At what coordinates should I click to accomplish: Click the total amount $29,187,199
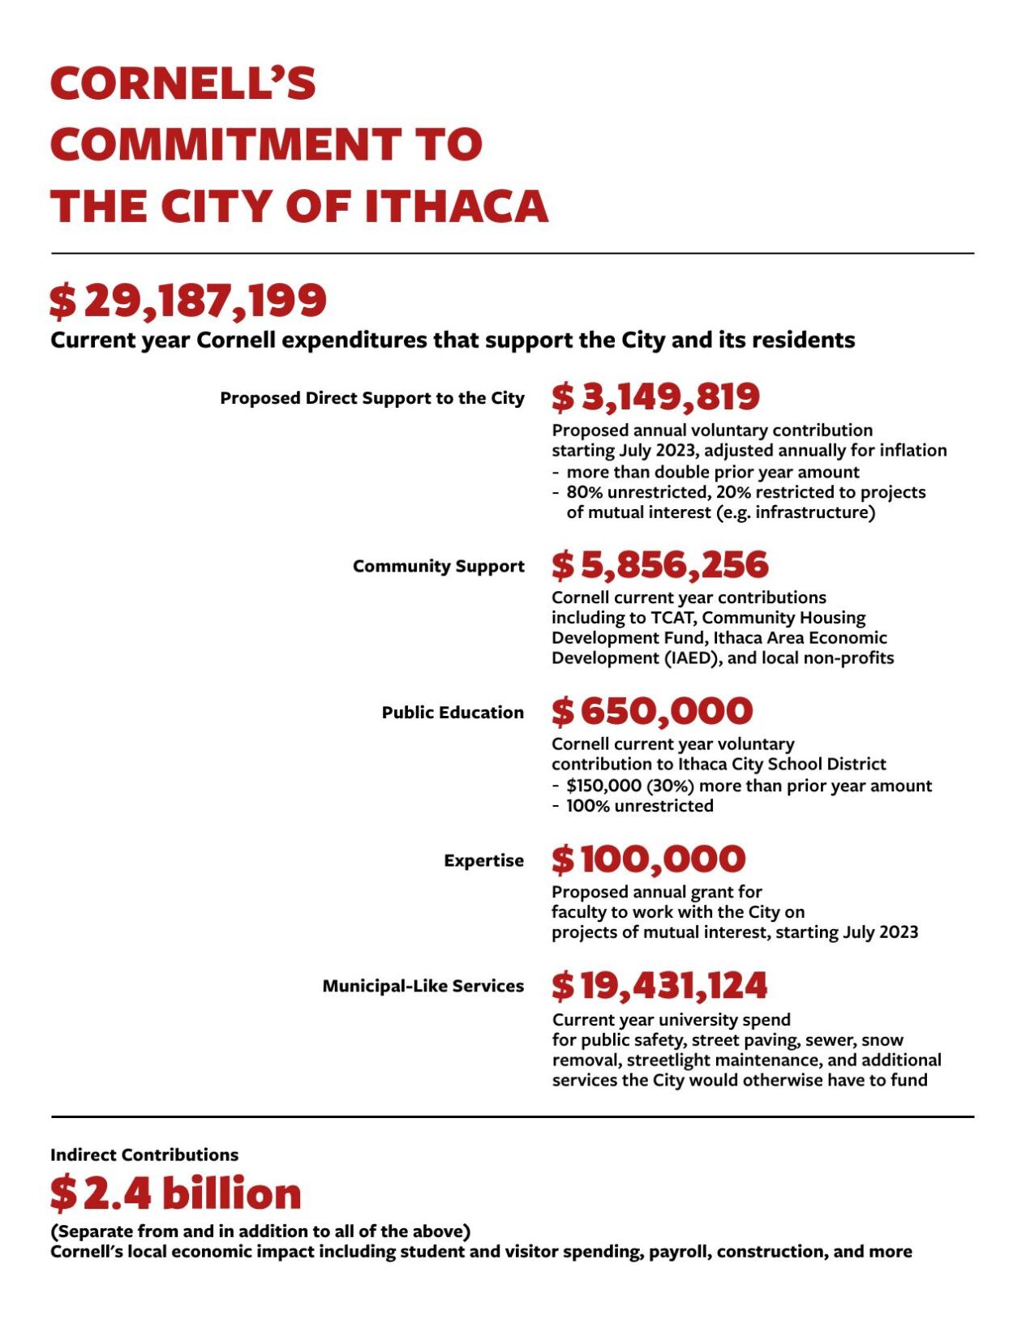pos(188,301)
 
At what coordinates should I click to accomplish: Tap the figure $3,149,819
pos(655,397)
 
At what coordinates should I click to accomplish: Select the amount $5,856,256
pos(659,565)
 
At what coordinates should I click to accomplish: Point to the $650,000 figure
pos(652,712)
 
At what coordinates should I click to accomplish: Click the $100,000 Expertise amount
pos(648,859)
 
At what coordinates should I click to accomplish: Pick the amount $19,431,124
pos(659,986)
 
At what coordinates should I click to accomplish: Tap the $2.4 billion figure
pos(175,1193)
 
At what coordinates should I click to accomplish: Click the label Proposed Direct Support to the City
pos(371,398)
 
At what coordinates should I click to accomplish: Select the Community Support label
pos(438,566)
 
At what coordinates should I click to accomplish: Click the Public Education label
pos(453,713)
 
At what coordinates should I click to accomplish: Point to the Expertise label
pos(483,860)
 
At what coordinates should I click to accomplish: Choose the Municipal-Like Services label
pos(423,986)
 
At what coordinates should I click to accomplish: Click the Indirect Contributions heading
pos(144,1155)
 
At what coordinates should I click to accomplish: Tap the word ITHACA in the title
pos(457,206)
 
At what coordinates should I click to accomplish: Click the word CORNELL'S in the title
pos(183,84)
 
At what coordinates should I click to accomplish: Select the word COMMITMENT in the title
pos(223,144)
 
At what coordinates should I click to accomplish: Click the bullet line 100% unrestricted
pos(639,806)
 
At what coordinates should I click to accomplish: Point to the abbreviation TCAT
pos(671,618)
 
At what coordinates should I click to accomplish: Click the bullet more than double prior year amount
pos(712,472)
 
